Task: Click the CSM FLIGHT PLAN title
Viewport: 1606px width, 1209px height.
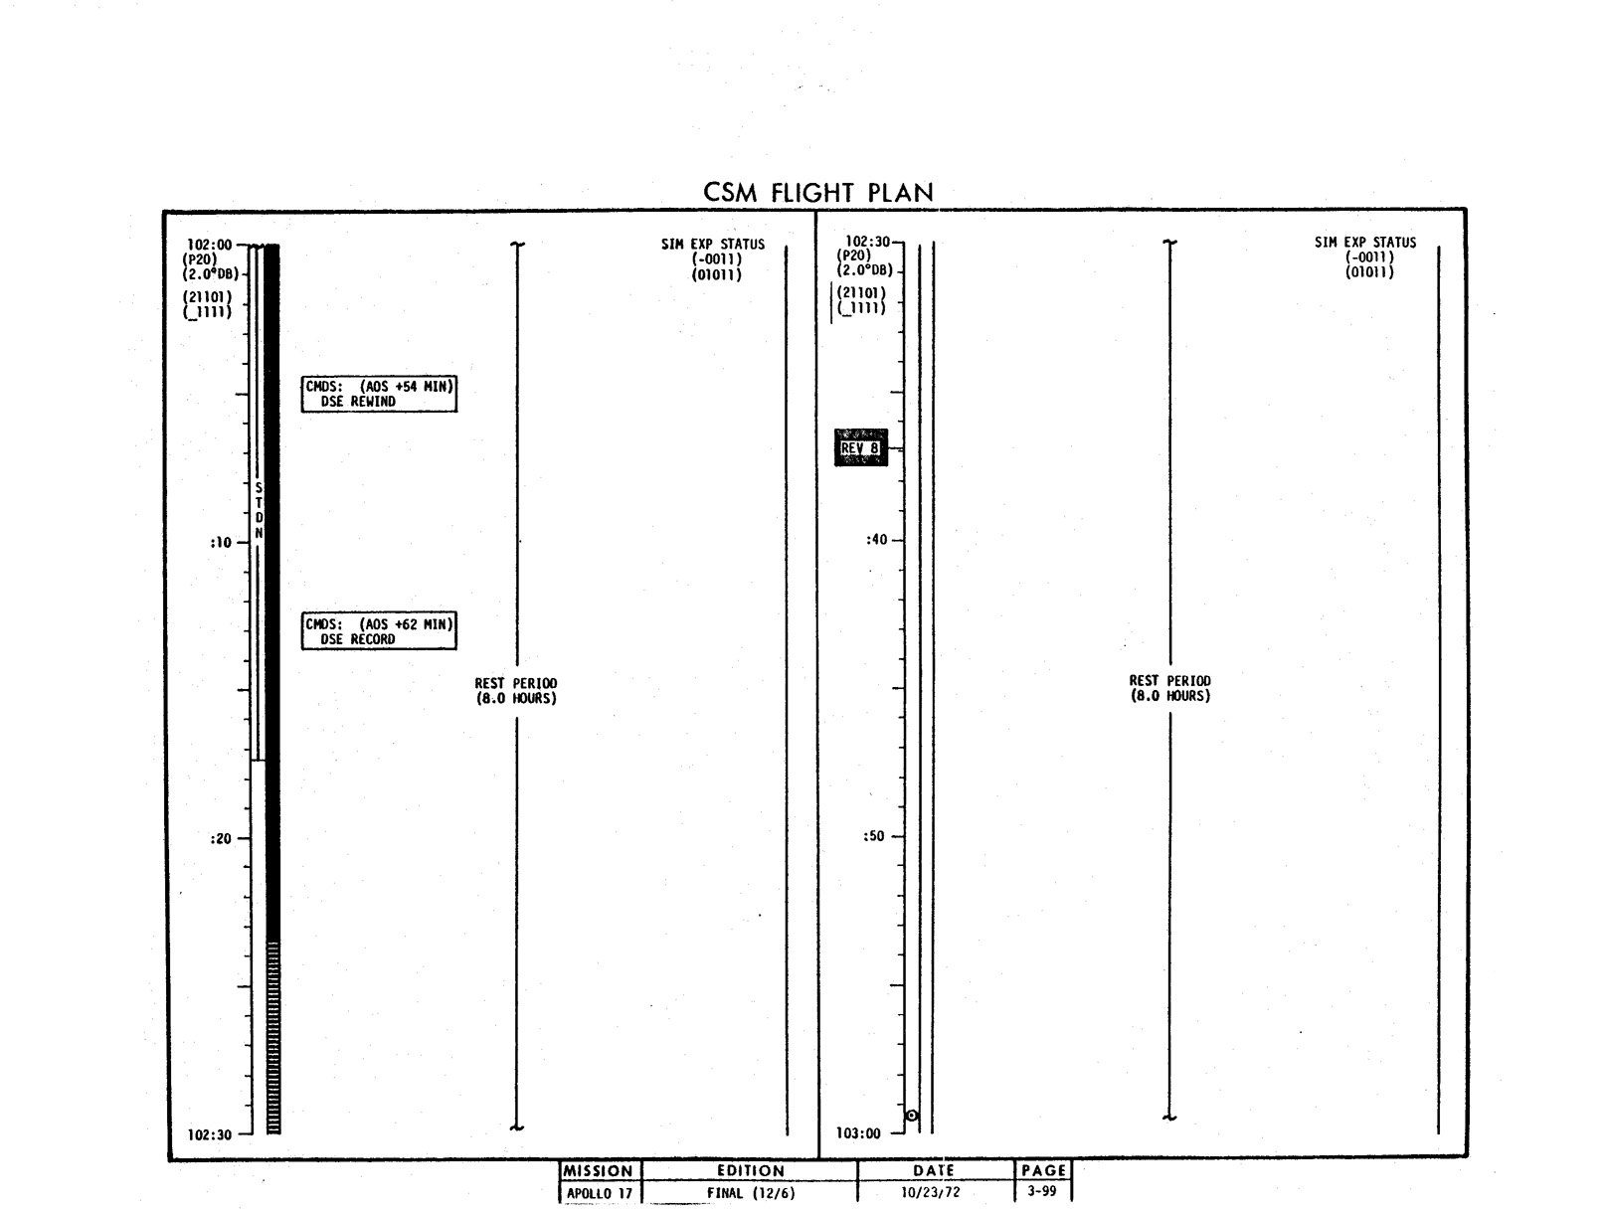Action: [x=818, y=192]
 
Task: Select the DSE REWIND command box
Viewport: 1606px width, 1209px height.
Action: [x=379, y=395]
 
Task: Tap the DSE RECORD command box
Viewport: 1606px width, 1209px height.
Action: [x=379, y=630]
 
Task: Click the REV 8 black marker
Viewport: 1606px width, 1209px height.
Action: [x=861, y=447]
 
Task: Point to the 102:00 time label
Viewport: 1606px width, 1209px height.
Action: [x=209, y=245]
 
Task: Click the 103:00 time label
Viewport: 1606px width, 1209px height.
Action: [x=858, y=1133]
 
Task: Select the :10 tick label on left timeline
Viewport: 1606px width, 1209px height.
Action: [x=220, y=543]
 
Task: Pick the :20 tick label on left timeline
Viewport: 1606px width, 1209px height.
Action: [x=220, y=839]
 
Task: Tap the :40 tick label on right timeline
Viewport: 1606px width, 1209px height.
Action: [x=876, y=540]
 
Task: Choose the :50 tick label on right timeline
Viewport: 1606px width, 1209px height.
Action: [x=874, y=836]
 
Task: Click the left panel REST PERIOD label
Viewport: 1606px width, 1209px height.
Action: [x=516, y=690]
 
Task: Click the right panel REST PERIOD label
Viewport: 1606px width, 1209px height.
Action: [x=1169, y=688]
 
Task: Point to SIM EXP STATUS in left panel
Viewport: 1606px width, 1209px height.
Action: [x=713, y=245]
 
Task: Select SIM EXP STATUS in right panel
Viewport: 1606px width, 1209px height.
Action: [x=1365, y=242]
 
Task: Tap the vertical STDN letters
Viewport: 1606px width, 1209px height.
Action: [x=259, y=510]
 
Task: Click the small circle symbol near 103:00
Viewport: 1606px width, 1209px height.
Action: [x=912, y=1116]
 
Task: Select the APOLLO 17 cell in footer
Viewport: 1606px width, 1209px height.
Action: [x=600, y=1194]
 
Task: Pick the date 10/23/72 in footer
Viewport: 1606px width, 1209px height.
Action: [x=930, y=1192]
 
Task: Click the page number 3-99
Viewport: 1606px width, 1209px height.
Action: [x=1042, y=1191]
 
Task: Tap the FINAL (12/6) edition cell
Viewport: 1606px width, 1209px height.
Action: [x=751, y=1193]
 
